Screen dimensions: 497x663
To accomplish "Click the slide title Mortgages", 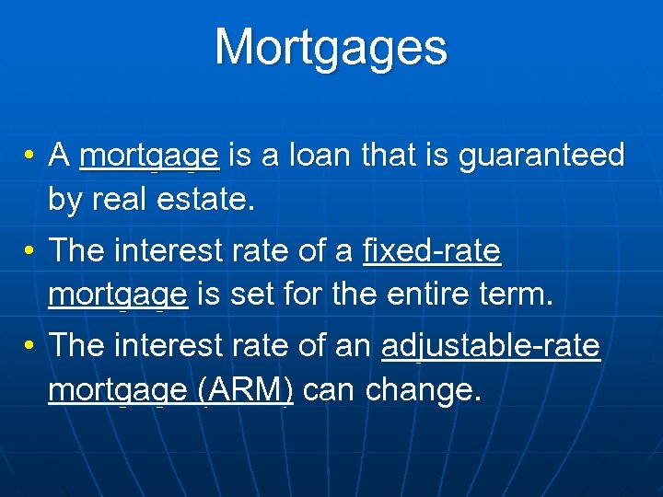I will pyautogui.click(x=331, y=47).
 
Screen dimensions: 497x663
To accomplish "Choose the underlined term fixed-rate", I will pyautogui.click(x=432, y=249).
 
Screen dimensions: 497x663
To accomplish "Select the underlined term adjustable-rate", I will pyautogui.click(x=490, y=346).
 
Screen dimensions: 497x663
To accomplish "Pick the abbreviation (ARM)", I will pyautogui.click(x=245, y=390).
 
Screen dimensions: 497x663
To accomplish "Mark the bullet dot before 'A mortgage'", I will pyautogui.click(x=29, y=156).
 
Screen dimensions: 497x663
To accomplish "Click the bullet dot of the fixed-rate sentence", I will pyautogui.click(x=29, y=250).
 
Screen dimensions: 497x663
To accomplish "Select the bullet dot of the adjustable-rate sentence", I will pyautogui.click(x=29, y=346).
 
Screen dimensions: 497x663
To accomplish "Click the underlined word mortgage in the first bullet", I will pyautogui.click(x=149, y=155).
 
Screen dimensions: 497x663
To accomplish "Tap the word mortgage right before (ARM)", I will pyautogui.click(x=118, y=390).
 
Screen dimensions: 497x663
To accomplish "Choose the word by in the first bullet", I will pyautogui.click(x=64, y=199).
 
